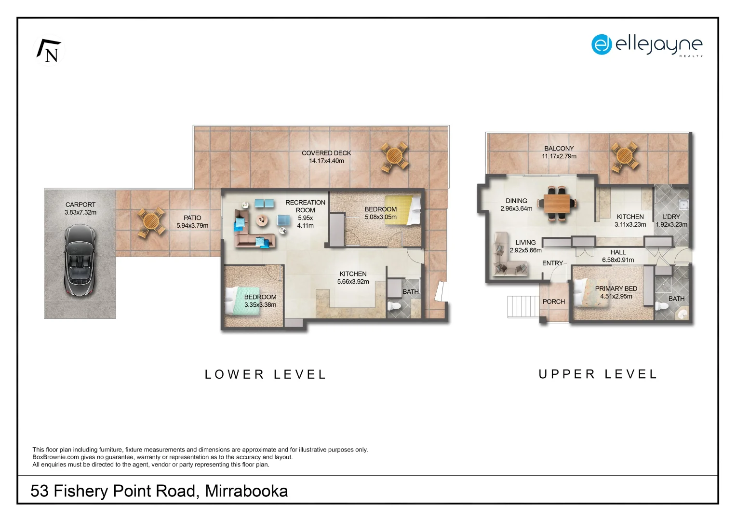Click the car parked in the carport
(x=80, y=260)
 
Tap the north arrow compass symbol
(x=49, y=51)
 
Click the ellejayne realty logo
(x=647, y=45)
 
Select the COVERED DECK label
(x=326, y=153)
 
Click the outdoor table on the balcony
(x=624, y=156)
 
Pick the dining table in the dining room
(x=557, y=203)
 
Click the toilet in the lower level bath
(x=394, y=306)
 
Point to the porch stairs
(x=523, y=306)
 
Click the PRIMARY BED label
(x=616, y=288)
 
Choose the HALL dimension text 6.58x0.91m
(x=618, y=260)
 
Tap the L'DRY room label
(x=671, y=217)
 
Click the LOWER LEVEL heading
(x=266, y=374)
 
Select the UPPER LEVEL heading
(x=598, y=374)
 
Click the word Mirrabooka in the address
(x=246, y=491)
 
